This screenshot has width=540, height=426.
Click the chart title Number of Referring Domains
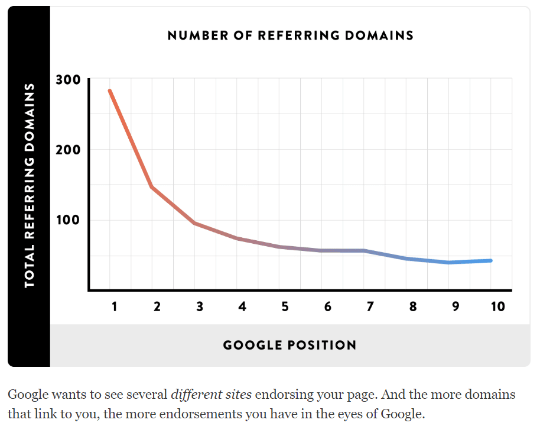[290, 35]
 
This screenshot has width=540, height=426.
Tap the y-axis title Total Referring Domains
[30, 185]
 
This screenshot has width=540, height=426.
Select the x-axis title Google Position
[289, 345]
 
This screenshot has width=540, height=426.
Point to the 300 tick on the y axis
[68, 80]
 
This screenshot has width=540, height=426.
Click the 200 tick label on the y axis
[68, 150]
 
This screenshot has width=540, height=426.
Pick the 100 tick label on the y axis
[68, 221]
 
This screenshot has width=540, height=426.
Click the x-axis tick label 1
[115, 306]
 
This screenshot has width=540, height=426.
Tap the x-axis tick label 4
[242, 306]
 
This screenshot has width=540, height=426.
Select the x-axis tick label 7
[370, 306]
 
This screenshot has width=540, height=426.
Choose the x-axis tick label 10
[497, 306]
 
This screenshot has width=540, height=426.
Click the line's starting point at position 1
[110, 91]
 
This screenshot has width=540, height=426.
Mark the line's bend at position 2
[152, 187]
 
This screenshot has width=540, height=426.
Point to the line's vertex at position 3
[195, 223]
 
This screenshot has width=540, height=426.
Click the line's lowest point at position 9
[449, 262]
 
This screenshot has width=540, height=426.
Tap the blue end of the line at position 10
[490, 260]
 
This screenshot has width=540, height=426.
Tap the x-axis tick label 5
[285, 306]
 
